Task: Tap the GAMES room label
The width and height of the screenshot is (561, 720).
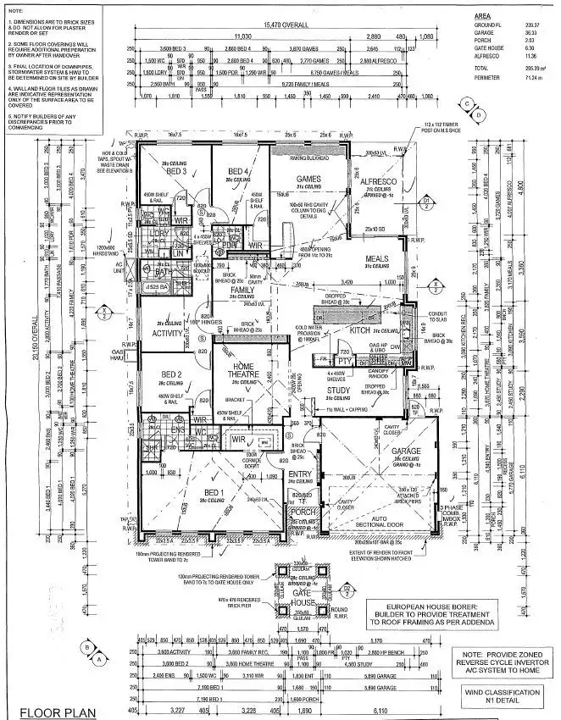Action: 309,179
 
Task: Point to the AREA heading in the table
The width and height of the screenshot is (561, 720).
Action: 482,15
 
